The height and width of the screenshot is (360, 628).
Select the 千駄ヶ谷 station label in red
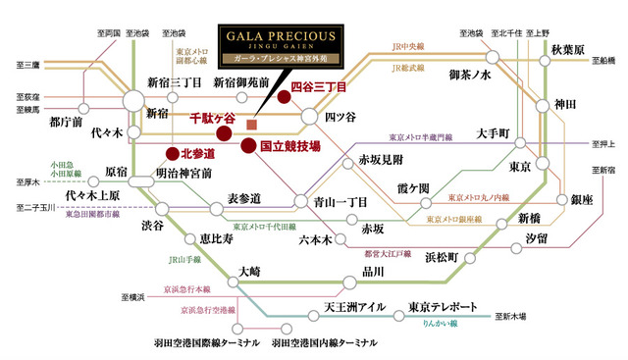click(213, 118)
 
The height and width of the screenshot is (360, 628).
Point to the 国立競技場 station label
click(289, 146)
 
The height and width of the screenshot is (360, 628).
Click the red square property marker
click(252, 125)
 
